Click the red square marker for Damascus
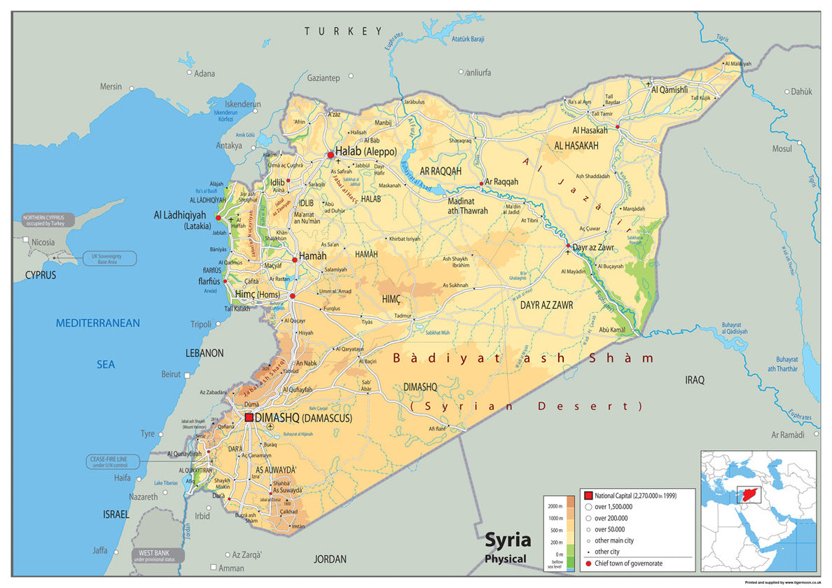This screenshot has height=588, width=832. point(249,417)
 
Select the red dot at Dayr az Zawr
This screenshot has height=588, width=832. point(568,246)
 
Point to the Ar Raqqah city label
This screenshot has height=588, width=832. point(502,181)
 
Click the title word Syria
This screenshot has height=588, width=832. point(508,540)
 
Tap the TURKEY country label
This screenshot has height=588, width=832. point(343,31)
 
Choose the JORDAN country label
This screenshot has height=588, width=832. point(330,559)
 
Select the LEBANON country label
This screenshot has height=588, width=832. point(204,353)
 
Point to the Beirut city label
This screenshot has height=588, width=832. point(171,374)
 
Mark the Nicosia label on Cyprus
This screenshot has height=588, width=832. point(43,242)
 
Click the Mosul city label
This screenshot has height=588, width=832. point(782,148)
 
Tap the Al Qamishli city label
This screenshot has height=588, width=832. point(670,90)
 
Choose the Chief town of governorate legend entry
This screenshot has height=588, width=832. point(628,563)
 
